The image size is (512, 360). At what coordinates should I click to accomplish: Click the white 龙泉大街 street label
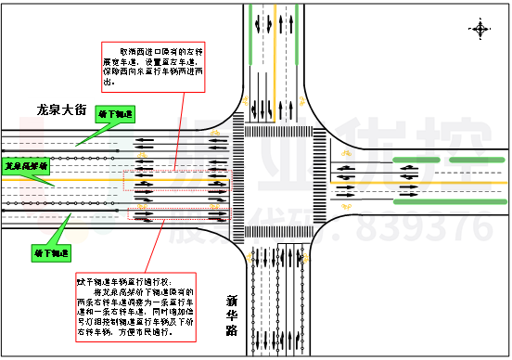pyautogui.click(x=60, y=110)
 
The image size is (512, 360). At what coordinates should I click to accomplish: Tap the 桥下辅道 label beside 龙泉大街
pyautogui.click(x=116, y=114)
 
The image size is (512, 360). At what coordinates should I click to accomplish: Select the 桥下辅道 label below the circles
pyautogui.click(x=51, y=252)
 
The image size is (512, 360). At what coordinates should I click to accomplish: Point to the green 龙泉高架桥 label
pyautogui.click(x=26, y=166)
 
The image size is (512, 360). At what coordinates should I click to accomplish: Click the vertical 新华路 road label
pyautogui.click(x=232, y=316)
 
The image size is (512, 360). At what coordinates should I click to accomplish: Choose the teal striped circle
pyautogui.click(x=103, y=223)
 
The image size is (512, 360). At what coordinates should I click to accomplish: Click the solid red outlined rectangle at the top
pyautogui.click(x=153, y=67)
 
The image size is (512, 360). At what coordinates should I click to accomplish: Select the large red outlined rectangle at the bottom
pyautogui.click(x=135, y=307)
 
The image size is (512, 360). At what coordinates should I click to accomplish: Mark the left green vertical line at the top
pyautogui.click(x=250, y=35)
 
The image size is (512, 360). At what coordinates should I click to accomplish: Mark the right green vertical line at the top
pyautogui.click(x=296, y=35)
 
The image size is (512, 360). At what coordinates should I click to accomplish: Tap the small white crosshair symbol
pyautogui.click(x=480, y=30)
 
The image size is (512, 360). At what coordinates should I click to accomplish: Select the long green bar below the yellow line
pyautogui.click(x=450, y=201)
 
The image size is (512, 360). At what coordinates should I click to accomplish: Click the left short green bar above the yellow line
pyautogui.click(x=416, y=161)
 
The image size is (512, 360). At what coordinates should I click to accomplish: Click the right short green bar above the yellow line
pyautogui.click(x=477, y=161)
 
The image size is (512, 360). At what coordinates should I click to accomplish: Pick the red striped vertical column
pyautogui.click(x=32, y=162)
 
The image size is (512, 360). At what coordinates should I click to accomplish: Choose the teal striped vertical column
pyautogui.click(x=122, y=167)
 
